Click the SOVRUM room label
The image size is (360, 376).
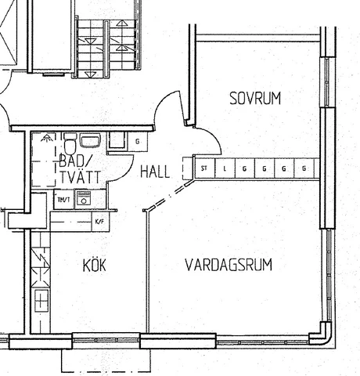click(255, 98)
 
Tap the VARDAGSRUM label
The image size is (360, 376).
click(229, 265)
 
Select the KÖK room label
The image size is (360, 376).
click(95, 265)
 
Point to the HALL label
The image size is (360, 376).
click(155, 172)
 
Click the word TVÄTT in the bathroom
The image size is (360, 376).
click(80, 177)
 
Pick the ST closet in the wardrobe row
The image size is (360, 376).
click(204, 168)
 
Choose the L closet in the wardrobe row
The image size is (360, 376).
click(225, 168)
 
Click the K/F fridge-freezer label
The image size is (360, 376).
click(99, 222)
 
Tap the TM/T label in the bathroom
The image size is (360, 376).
click(64, 200)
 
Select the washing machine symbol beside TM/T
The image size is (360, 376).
click(84, 199)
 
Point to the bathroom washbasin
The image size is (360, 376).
click(90, 140)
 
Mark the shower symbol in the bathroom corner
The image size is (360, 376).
click(46, 138)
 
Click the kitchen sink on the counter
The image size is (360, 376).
click(41, 300)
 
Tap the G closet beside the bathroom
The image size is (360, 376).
click(138, 142)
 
